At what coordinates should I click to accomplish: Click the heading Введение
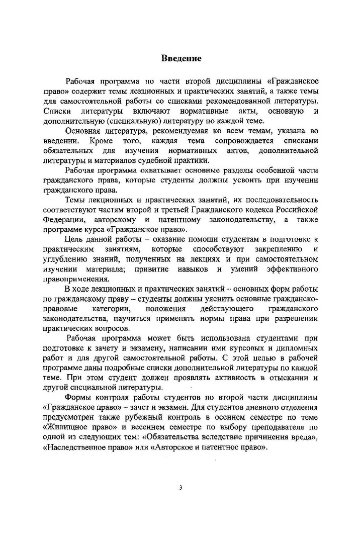(x=181, y=58)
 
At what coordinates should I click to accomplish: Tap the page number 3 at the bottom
(x=180, y=487)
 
